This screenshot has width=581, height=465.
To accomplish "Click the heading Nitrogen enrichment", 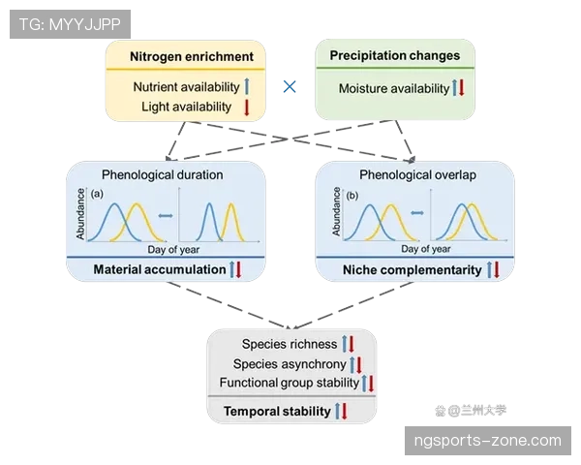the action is click(192, 57).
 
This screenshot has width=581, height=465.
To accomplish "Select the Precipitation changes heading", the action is click(395, 55).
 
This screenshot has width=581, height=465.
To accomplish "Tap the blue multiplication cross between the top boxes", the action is click(290, 87).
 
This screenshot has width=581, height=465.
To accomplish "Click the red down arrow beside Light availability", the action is click(246, 108).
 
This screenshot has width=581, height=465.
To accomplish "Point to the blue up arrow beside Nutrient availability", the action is click(247, 87).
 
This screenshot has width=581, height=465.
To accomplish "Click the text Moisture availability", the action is click(394, 88).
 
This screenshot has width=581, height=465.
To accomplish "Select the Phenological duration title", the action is click(163, 174).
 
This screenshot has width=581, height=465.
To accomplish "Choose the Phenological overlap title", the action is click(417, 174).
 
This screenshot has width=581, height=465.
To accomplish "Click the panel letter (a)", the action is click(97, 194).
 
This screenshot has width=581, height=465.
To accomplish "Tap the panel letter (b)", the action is click(352, 196).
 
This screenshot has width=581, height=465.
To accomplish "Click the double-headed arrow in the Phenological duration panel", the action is click(166, 216).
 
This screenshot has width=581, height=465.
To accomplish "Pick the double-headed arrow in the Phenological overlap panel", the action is click(417, 213).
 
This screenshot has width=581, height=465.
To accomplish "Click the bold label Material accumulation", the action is click(160, 269).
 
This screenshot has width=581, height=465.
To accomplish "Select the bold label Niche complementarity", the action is click(413, 270).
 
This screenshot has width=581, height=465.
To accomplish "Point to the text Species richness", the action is click(290, 344).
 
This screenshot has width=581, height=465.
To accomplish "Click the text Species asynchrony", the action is click(290, 364).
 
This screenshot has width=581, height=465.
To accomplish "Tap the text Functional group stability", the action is click(290, 383).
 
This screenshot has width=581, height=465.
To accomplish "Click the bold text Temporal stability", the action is click(277, 411).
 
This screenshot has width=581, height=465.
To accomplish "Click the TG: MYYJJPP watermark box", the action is click(70, 24).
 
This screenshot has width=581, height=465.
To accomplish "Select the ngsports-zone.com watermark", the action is click(488, 441).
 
